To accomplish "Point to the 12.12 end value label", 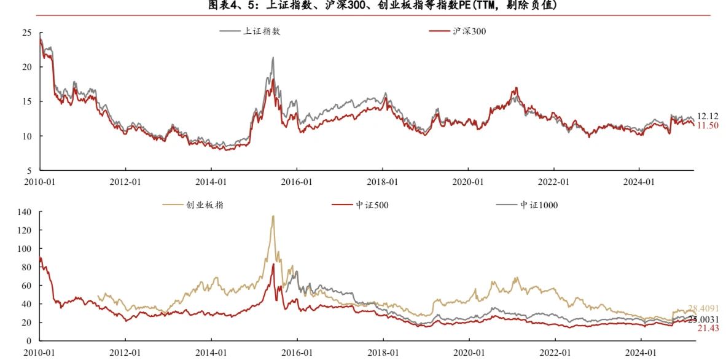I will coord(708,116).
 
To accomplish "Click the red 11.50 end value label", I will coord(708,125).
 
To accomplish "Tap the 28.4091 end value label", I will coord(703,308).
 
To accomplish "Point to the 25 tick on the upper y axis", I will coord(26,33).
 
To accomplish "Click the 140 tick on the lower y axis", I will coord(24,212).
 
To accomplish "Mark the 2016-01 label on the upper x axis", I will coord(297,182).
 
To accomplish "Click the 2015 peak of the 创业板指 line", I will coord(273,216).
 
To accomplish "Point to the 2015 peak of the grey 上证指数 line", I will coord(273,58).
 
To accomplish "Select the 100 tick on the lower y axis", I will coord(24,249).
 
